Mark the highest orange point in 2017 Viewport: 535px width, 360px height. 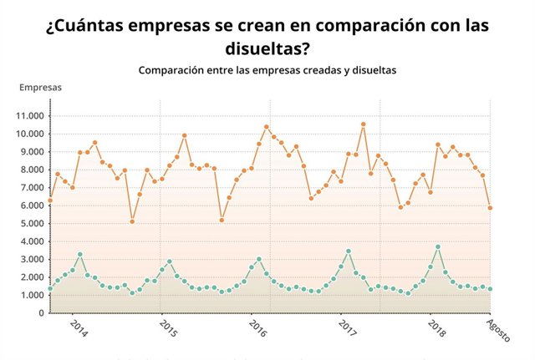[x=363, y=124]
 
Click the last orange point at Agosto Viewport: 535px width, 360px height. [x=491, y=208]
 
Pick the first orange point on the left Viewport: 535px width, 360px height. [x=50, y=200]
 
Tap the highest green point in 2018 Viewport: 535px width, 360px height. [x=438, y=247]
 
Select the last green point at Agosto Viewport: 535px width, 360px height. [x=491, y=289]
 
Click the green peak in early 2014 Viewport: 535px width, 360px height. [x=80, y=254]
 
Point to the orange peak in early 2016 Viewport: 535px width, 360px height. [x=267, y=127]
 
